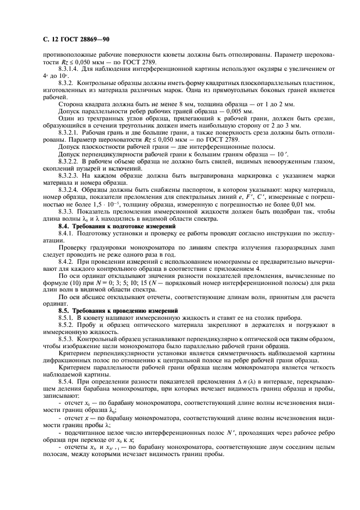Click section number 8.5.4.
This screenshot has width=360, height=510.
(66, 381)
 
